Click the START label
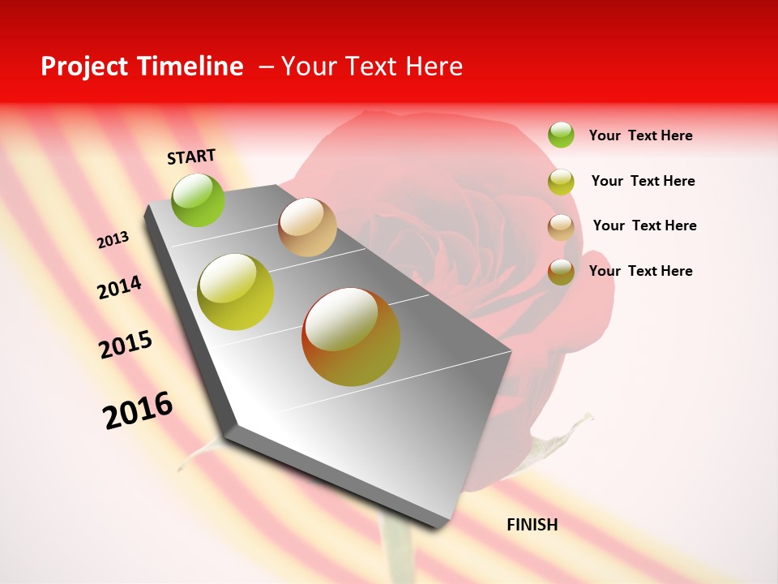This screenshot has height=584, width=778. click(x=191, y=157)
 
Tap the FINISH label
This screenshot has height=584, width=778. click(x=532, y=525)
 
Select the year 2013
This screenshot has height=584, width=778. click(x=113, y=240)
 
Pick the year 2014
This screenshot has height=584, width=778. click(x=120, y=288)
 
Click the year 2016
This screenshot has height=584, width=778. click(x=138, y=410)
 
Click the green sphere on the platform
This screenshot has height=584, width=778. click(x=199, y=200)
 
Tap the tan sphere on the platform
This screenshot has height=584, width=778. click(x=307, y=227)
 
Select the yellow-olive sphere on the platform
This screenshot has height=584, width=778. click(x=236, y=292)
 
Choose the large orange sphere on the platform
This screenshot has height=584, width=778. click(x=351, y=337)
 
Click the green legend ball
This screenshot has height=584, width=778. click(x=561, y=135)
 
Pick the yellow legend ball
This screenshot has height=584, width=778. click(x=561, y=182)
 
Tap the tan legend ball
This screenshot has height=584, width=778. click(x=561, y=227)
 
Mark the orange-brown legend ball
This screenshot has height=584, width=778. click(x=561, y=272)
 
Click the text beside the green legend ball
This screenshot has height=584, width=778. click(x=640, y=135)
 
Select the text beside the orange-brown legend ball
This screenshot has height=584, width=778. click(x=640, y=271)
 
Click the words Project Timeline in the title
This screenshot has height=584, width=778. click(x=142, y=67)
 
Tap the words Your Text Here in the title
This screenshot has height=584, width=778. click(x=371, y=67)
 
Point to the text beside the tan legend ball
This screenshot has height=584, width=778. click(x=644, y=225)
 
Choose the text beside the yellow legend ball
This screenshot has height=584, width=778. click(x=643, y=181)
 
